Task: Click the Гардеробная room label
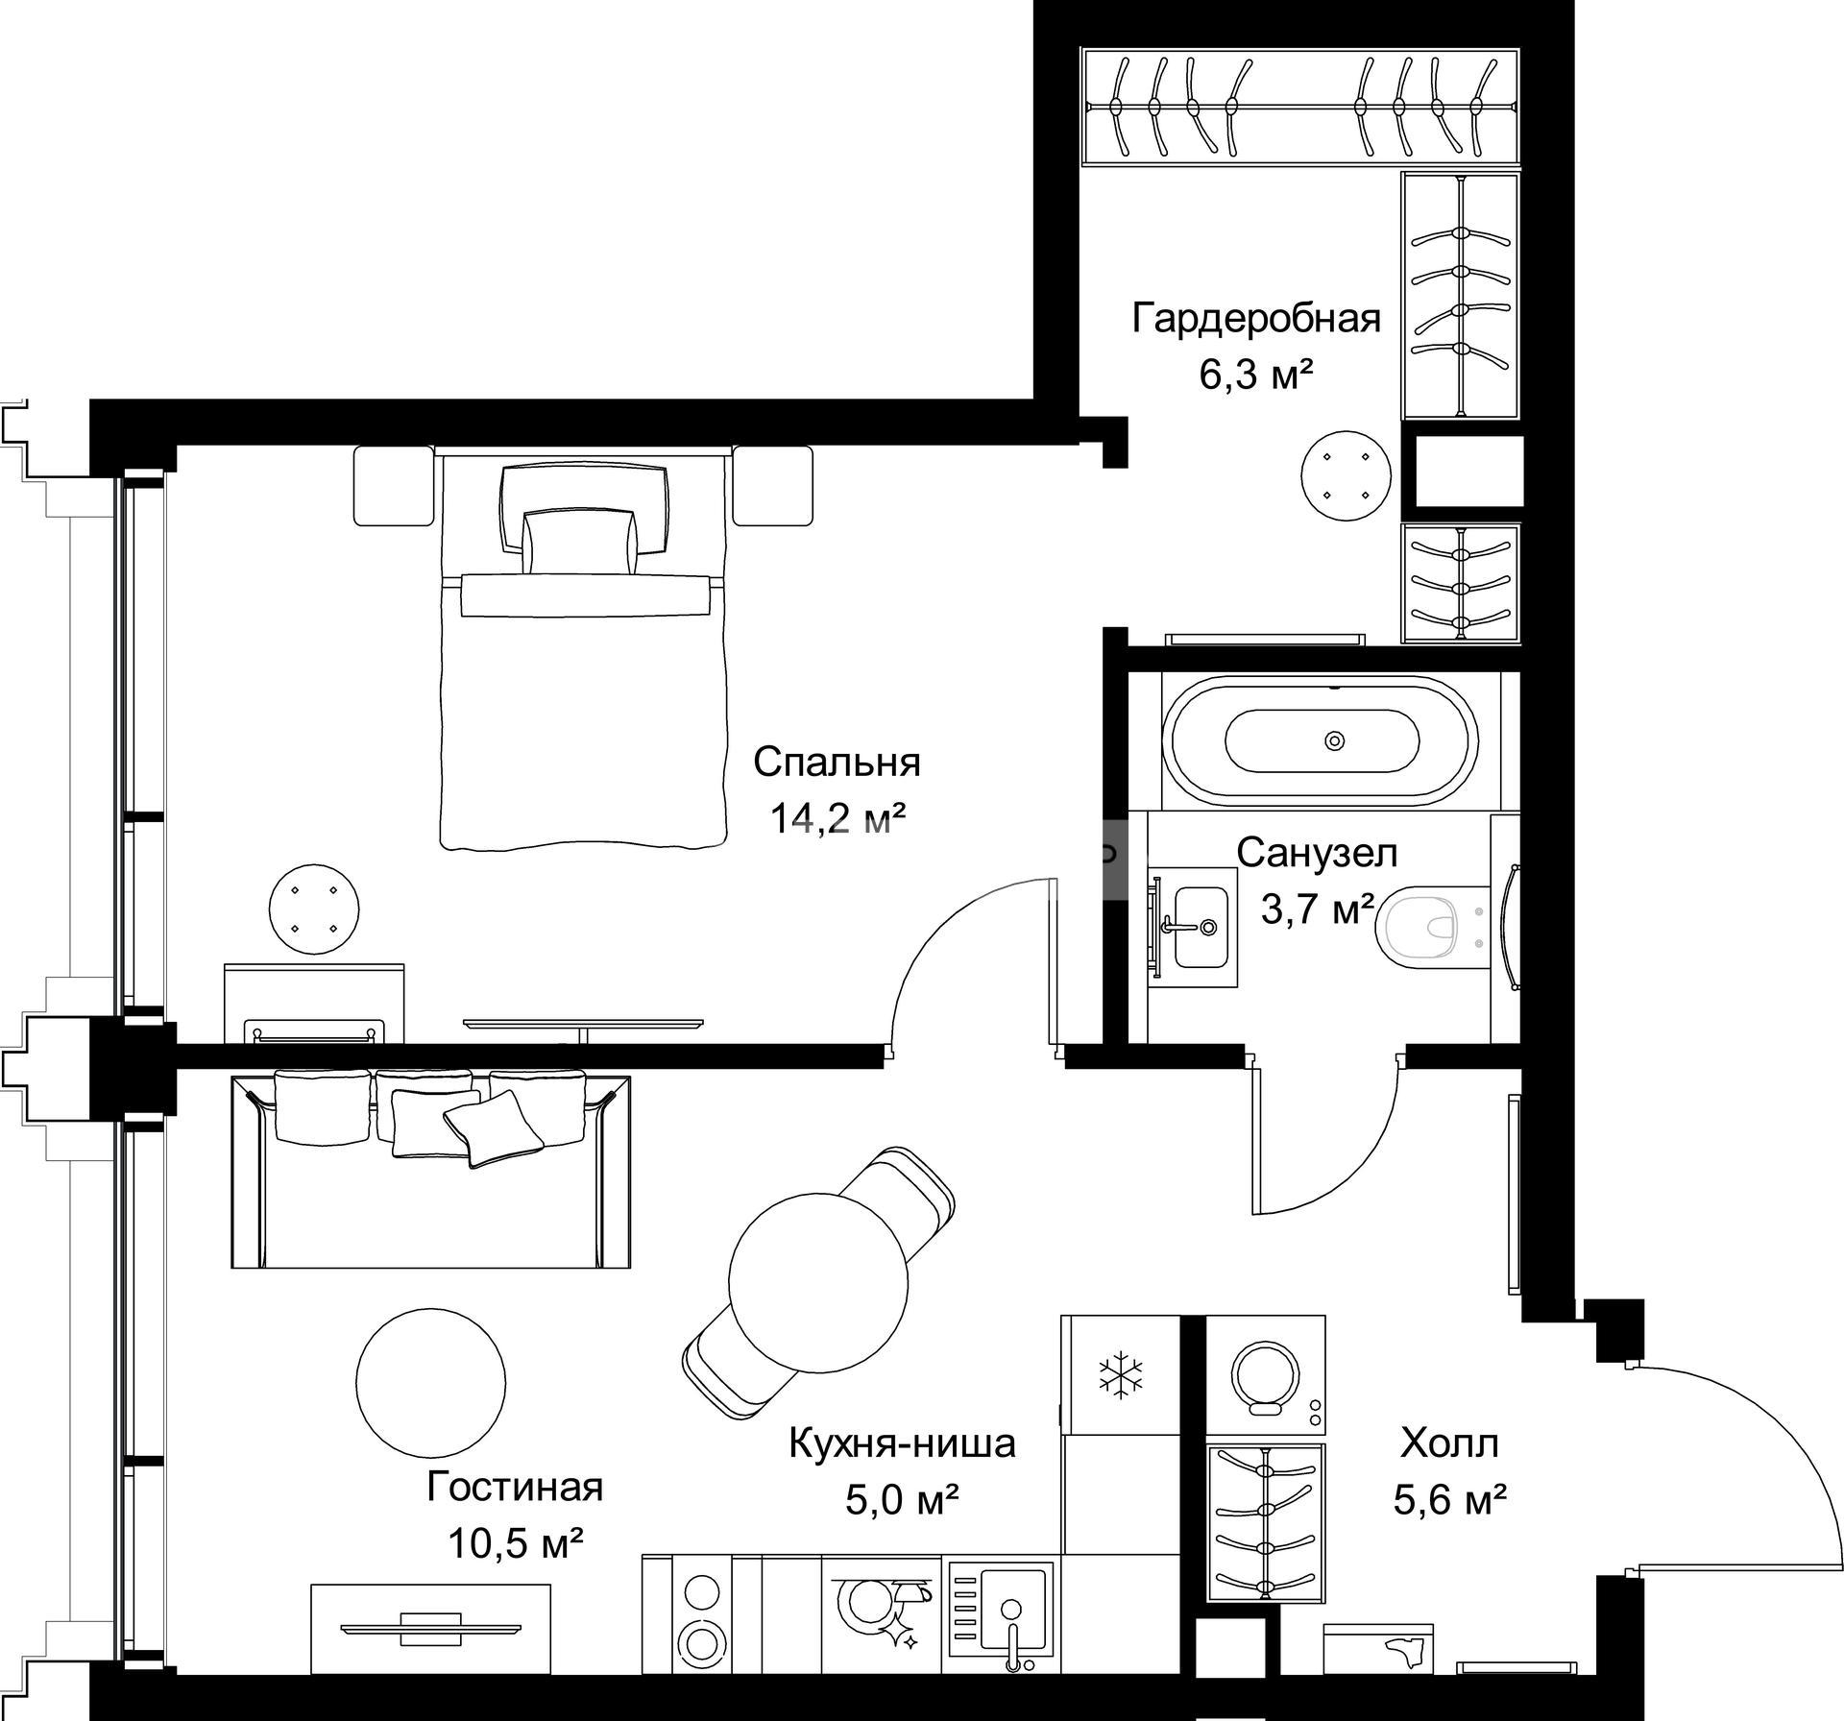pyautogui.click(x=1256, y=318)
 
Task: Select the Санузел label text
pyautogui.click(x=1317, y=852)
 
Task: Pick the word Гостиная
pyautogui.click(x=515, y=1487)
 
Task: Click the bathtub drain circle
pyautogui.click(x=1334, y=740)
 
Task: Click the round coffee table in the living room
pyautogui.click(x=430, y=1381)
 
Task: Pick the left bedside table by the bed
pyautogui.click(x=394, y=486)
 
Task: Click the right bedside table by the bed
pyautogui.click(x=773, y=486)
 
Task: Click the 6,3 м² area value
pyautogui.click(x=1256, y=375)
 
